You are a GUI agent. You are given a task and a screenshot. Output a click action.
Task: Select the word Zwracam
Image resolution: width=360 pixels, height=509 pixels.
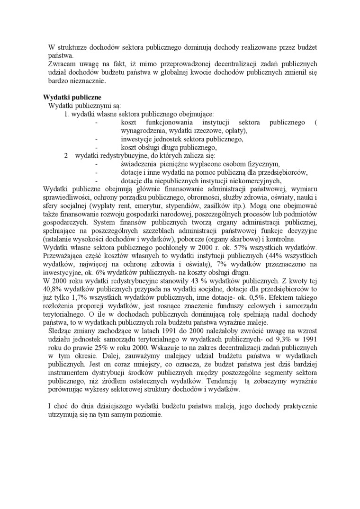(61, 64)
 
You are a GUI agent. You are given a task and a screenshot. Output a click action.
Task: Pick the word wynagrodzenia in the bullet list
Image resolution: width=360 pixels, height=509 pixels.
(140, 131)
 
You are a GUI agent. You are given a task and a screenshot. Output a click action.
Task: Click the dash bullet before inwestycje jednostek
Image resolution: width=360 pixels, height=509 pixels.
(97, 139)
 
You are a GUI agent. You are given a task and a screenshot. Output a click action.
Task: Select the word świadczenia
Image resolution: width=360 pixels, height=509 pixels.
(138, 164)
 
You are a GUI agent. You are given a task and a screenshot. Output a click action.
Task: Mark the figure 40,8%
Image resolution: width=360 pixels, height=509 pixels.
(51, 288)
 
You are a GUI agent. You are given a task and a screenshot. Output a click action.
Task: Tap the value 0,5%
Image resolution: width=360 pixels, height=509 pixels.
(260, 297)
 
